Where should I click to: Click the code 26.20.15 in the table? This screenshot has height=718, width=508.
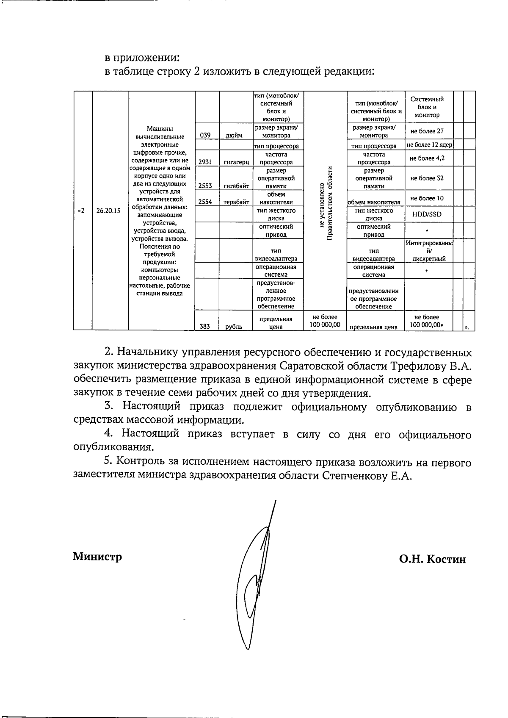coord(108,211)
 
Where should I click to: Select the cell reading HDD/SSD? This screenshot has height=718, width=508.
coord(427,214)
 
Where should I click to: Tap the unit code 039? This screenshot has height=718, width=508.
coord(205,135)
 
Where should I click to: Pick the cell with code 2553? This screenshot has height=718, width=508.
coord(205,186)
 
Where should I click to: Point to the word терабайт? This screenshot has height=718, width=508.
coord(236,202)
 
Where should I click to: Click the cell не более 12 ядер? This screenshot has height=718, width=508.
coord(429,145)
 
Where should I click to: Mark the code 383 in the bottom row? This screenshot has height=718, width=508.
coord(205,326)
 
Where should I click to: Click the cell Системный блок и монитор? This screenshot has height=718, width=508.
coord(427,107)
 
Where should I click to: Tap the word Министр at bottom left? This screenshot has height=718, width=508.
coord(97,556)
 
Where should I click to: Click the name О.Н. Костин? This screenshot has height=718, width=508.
coord(432,559)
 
